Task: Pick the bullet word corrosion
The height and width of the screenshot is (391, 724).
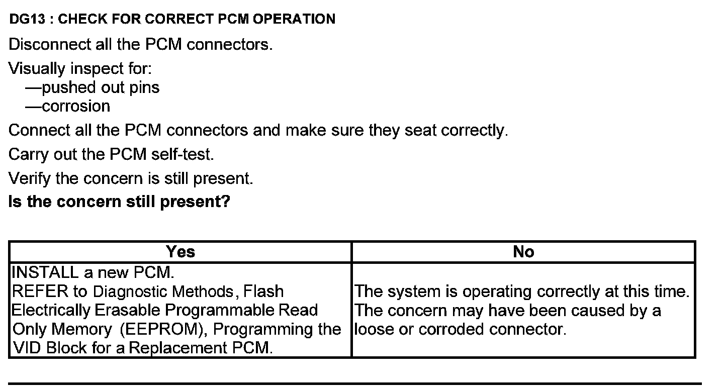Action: (x=76, y=107)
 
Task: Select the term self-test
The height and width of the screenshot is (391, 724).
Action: (x=183, y=154)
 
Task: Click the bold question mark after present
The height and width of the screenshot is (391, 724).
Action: (x=226, y=202)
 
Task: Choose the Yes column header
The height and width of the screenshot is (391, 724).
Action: (x=180, y=252)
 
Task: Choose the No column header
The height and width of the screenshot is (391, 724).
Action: (x=523, y=252)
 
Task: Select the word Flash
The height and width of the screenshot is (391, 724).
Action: (x=263, y=291)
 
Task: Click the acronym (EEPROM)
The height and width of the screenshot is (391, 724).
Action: (x=164, y=330)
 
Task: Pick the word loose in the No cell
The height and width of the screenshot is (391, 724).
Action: (x=375, y=330)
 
